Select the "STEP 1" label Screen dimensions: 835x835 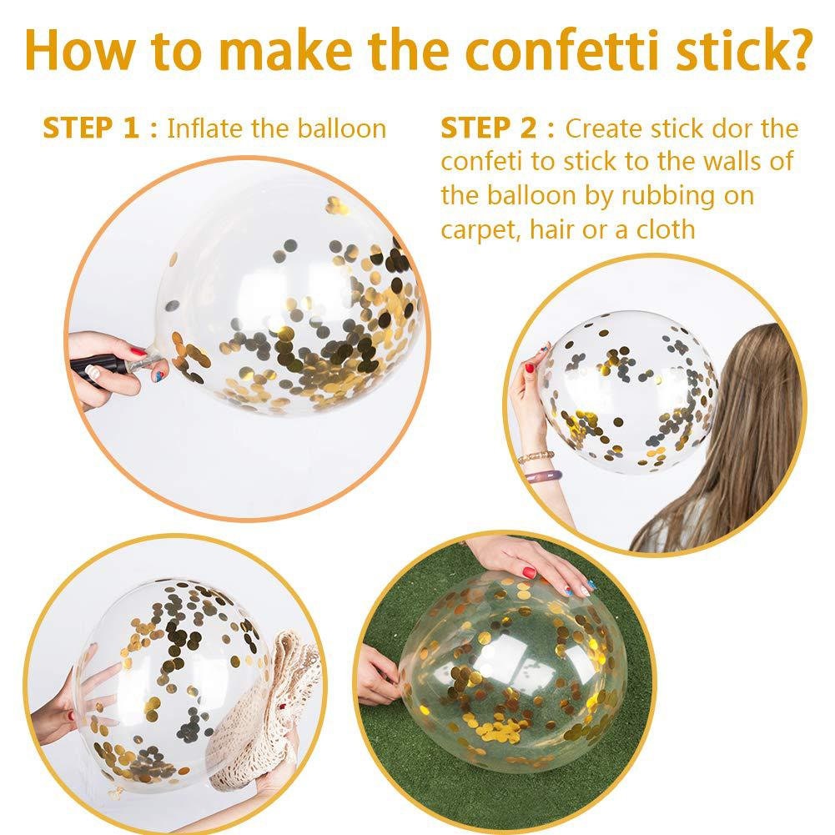91,128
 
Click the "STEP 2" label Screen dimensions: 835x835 489,128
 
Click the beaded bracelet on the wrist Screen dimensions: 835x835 536,456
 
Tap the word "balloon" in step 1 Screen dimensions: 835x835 341,128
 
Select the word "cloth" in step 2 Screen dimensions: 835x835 666,229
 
